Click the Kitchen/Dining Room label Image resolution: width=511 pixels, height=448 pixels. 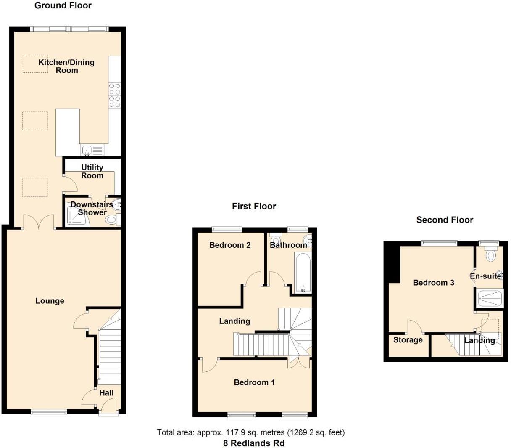[x=66, y=66]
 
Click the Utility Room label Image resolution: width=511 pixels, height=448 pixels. [x=92, y=172]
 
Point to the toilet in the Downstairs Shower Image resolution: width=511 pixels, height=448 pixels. [x=112, y=219]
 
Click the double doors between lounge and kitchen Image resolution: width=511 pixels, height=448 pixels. [x=39, y=222]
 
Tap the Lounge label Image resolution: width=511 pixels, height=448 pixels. [x=50, y=301]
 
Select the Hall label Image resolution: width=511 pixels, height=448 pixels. [x=106, y=393]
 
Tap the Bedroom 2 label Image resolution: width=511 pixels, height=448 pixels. [x=230, y=245]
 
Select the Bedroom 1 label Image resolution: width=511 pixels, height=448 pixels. [x=254, y=382]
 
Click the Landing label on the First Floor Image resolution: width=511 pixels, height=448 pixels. [x=234, y=321]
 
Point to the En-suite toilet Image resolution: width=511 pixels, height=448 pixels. [x=490, y=254]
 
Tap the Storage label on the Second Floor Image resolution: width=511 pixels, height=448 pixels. [x=408, y=340]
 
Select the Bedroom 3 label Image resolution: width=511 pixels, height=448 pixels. [x=433, y=283]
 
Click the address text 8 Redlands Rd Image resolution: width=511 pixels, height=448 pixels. [x=254, y=443]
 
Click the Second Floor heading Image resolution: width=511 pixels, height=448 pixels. [x=445, y=220]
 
